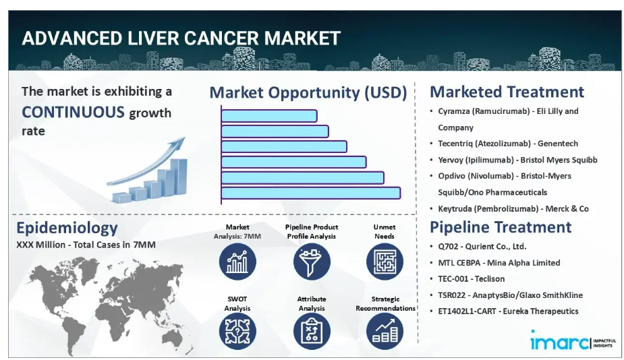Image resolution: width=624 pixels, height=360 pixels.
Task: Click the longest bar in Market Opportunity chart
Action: pos(311,193)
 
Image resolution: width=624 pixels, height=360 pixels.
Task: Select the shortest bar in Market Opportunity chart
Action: pos(269,116)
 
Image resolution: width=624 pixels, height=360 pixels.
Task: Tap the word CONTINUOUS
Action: pos(74,112)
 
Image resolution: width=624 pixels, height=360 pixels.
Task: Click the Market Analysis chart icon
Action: pos(237,262)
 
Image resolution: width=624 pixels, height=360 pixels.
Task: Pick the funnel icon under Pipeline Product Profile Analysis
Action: pos(312,262)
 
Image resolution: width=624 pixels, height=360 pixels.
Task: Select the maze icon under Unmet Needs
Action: pos(385,262)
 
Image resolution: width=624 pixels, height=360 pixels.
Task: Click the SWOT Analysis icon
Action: pos(237,332)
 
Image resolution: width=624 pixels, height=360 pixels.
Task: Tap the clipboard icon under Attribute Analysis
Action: pos(312,332)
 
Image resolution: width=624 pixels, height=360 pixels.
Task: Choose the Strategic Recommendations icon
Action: pos(385,332)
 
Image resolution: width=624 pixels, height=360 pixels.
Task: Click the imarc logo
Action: pos(573,340)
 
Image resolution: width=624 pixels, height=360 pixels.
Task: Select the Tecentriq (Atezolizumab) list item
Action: pos(508,144)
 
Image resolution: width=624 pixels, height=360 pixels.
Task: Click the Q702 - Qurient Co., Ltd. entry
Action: pos(482,247)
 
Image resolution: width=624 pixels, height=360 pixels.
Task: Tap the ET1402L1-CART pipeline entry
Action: pos(508,311)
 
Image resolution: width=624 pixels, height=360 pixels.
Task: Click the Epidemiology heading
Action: pos(67,229)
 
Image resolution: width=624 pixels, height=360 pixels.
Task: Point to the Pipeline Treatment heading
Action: pos(501,227)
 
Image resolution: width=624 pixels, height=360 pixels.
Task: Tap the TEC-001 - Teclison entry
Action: pos(471,279)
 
